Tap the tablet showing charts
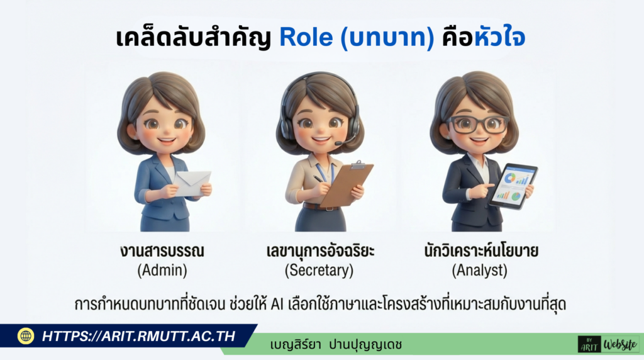(x=513, y=186)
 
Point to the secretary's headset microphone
(x=340, y=144)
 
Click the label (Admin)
(x=162, y=272)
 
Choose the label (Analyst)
(x=479, y=272)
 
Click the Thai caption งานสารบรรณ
(x=162, y=252)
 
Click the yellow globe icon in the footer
(x=26, y=336)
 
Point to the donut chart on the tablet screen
(x=509, y=178)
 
